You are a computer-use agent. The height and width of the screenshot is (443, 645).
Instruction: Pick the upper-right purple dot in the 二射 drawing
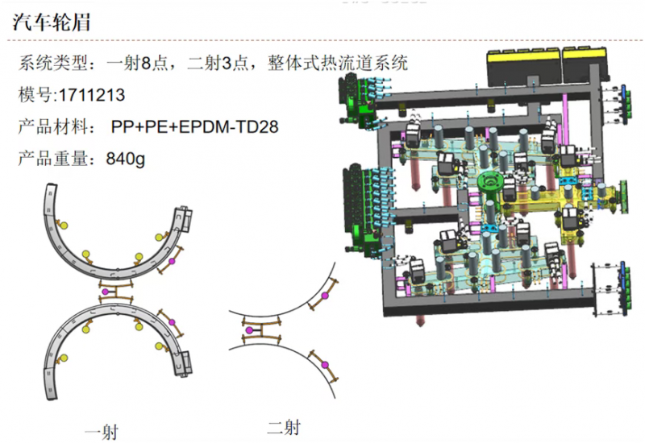327,296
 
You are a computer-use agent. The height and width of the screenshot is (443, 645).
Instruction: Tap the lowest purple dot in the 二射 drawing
326,366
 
